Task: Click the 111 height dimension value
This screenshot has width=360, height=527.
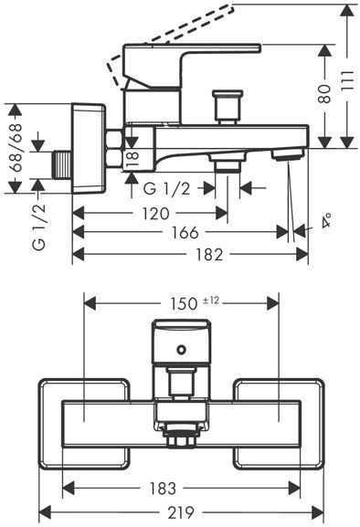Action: (x=347, y=79)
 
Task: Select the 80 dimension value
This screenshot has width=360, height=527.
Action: (x=324, y=93)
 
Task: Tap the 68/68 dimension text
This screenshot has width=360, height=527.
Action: (x=16, y=148)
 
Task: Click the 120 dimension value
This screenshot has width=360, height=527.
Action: (x=155, y=214)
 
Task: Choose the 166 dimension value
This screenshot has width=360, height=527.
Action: (x=185, y=232)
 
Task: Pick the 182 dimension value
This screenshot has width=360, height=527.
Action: (x=208, y=255)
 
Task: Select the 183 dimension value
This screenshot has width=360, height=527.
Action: (x=163, y=488)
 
